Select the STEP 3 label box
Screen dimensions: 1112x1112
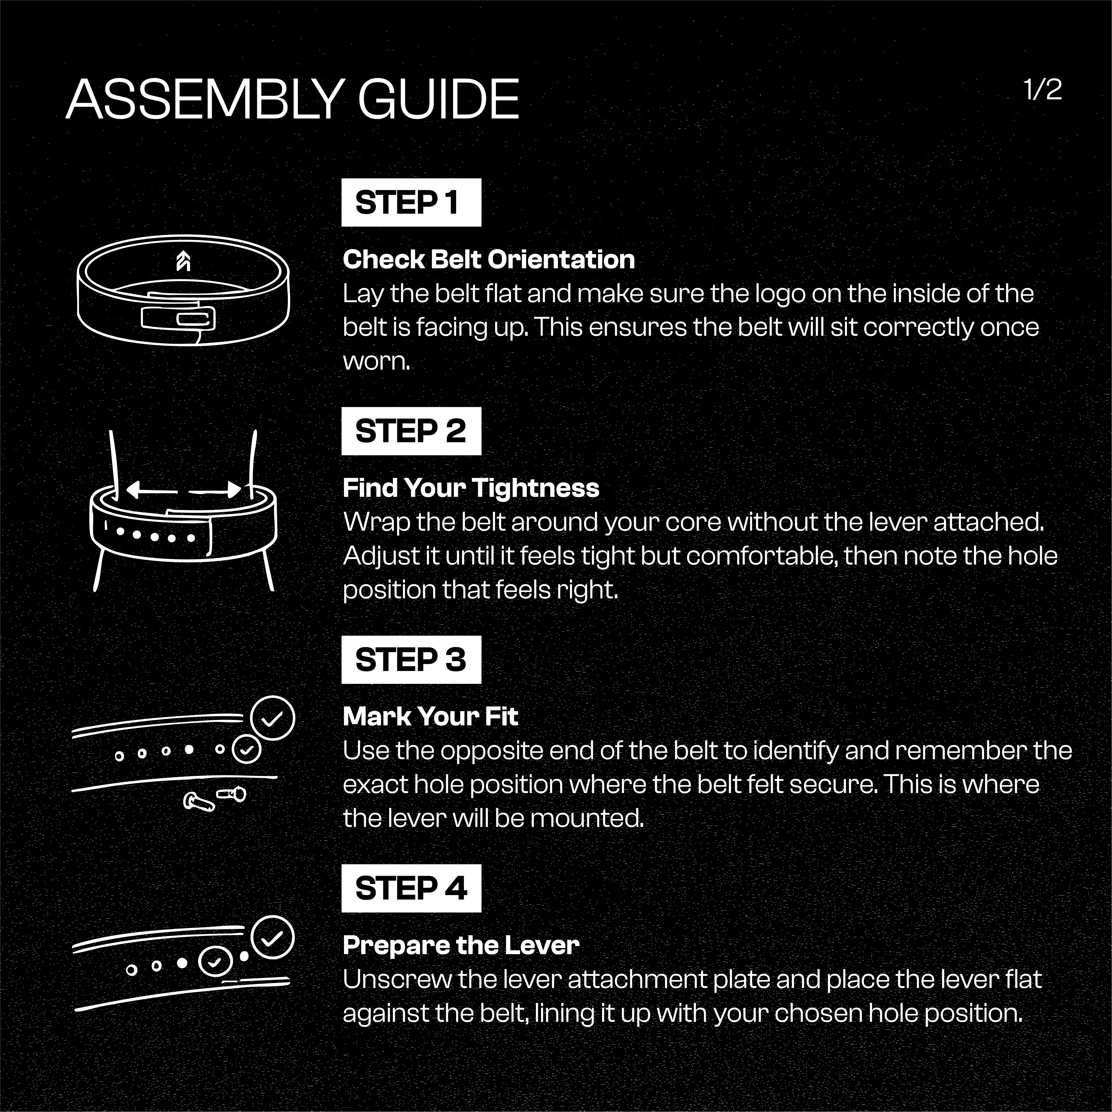[411, 660]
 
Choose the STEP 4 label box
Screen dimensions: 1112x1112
[411, 888]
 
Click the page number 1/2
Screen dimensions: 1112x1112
[1042, 90]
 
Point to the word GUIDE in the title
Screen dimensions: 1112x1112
[439, 100]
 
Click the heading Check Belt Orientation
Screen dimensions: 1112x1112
[489, 260]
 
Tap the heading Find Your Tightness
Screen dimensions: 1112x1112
[471, 488]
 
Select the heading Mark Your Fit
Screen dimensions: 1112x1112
[431, 716]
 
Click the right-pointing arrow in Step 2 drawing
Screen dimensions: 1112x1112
[215, 490]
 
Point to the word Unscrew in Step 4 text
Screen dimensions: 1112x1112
[397, 980]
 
